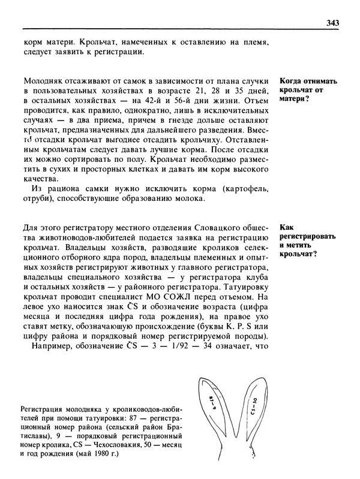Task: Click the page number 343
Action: (333, 23)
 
